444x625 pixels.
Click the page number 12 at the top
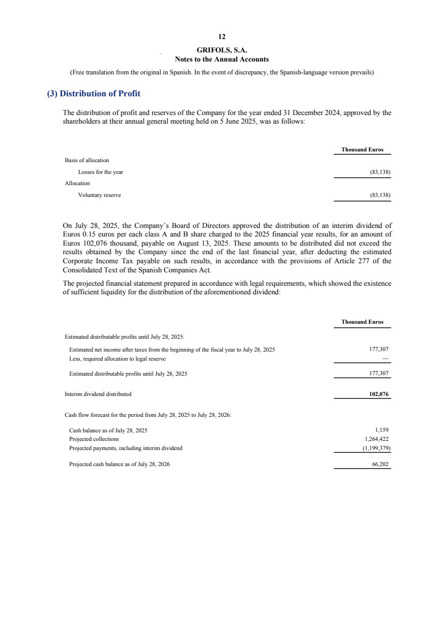(222, 37)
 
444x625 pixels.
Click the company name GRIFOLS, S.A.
(222, 51)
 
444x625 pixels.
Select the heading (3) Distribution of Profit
(94, 94)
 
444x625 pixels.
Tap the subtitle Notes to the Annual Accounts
(222, 59)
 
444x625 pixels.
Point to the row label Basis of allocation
(87, 160)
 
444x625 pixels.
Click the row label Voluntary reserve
(100, 195)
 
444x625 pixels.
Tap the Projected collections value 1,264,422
(376, 439)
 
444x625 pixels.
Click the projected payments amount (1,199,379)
(375, 448)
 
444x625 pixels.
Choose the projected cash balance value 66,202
(380, 464)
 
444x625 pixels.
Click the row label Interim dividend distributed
(98, 394)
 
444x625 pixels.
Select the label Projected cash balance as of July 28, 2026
(119, 464)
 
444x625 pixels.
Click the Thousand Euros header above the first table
(363, 149)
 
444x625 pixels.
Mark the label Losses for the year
(101, 172)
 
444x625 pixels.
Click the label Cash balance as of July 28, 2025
(108, 430)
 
